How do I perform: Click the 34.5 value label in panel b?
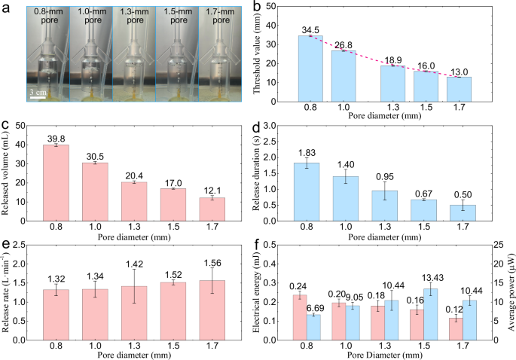(x=311, y=29)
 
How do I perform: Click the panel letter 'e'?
(x=5, y=240)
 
